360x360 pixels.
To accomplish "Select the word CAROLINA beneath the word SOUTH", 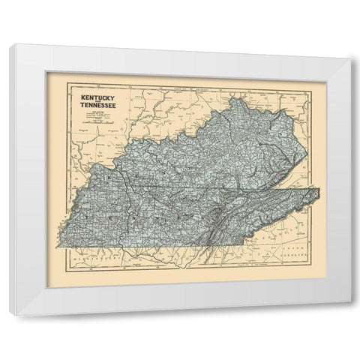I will (294, 256).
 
